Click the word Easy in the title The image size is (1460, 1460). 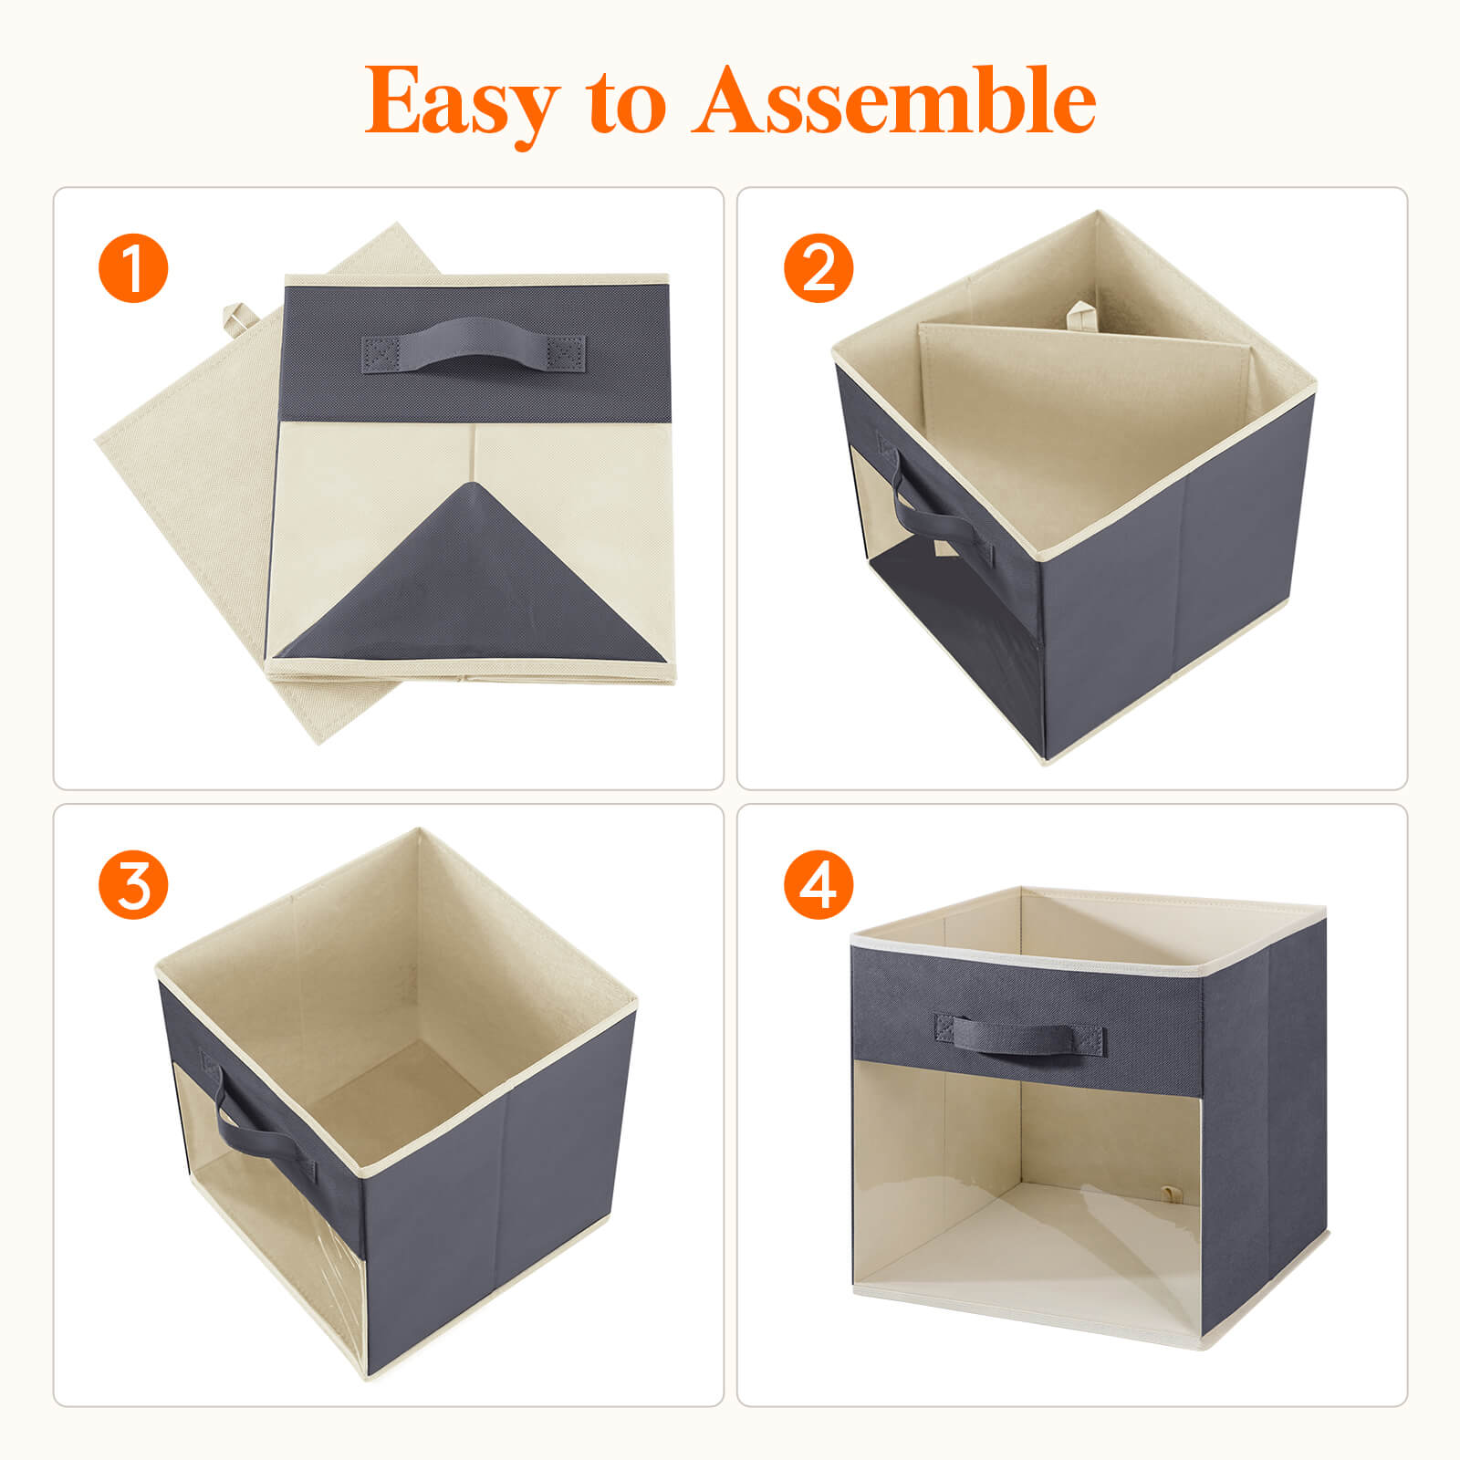(x=462, y=102)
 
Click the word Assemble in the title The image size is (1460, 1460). (x=894, y=102)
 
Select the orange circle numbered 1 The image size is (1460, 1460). (x=133, y=268)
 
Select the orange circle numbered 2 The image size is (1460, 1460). (x=819, y=268)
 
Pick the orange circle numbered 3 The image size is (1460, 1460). (x=133, y=884)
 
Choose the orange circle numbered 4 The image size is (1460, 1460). (x=819, y=884)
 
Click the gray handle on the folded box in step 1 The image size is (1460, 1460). (x=474, y=347)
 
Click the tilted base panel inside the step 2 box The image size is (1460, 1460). (x=1086, y=411)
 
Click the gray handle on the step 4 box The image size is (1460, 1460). (x=1019, y=1035)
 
